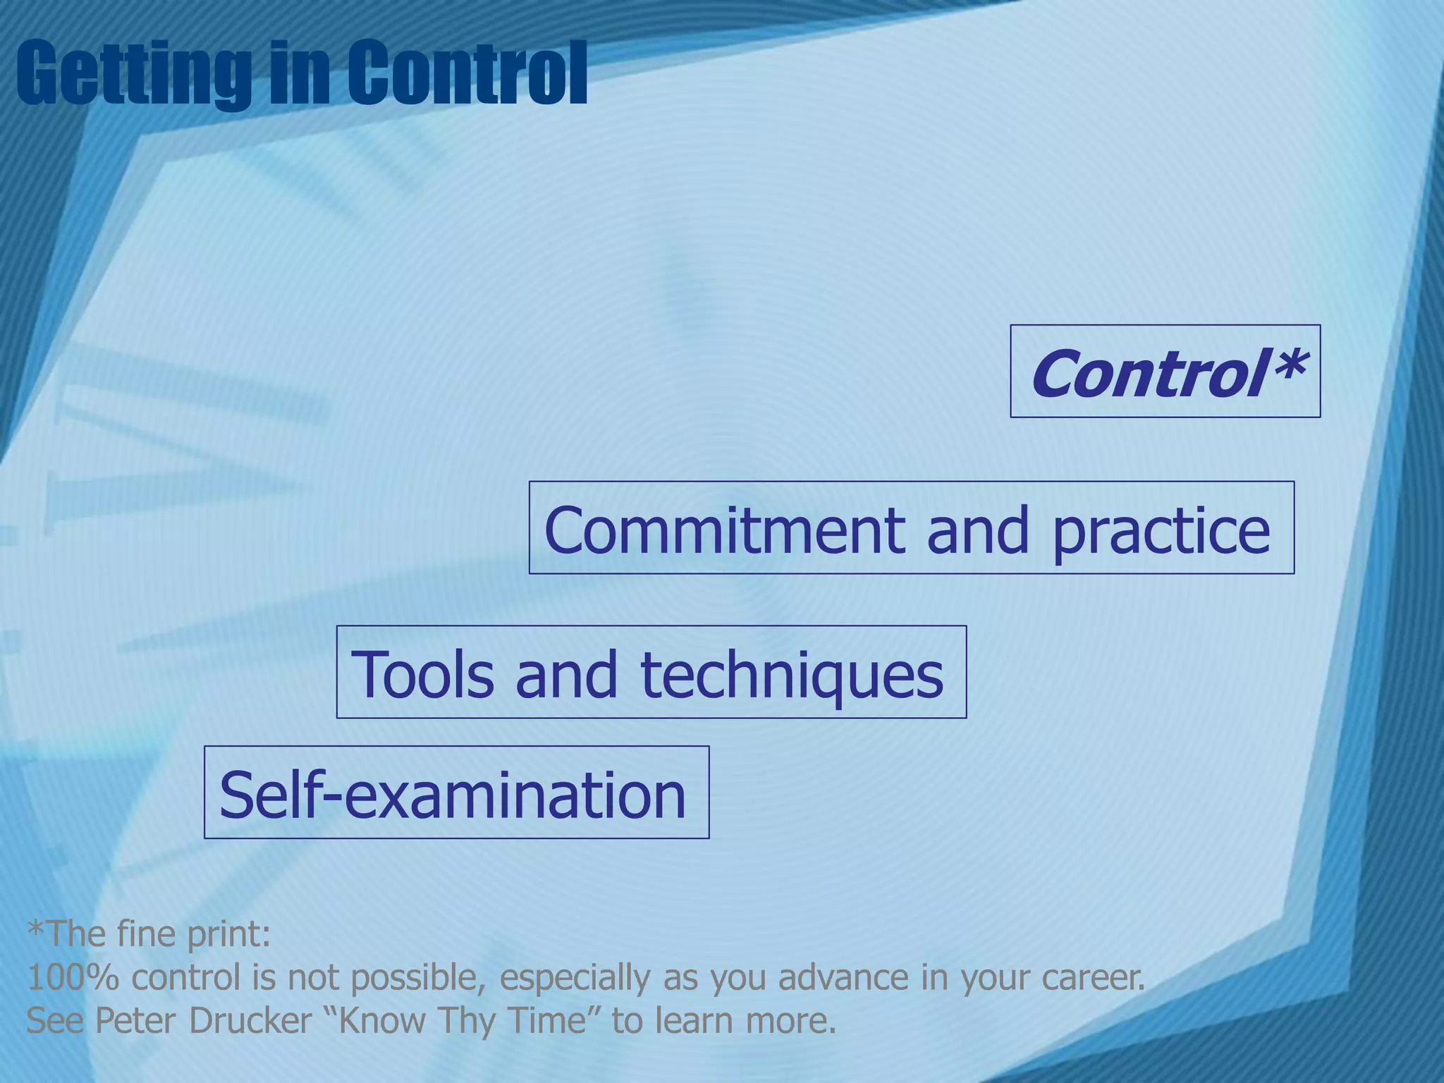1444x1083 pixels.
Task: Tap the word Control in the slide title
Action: [465, 73]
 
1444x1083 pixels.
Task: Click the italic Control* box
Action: [1165, 372]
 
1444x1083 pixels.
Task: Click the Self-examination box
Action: [456, 793]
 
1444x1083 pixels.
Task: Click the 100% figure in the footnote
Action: [73, 977]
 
